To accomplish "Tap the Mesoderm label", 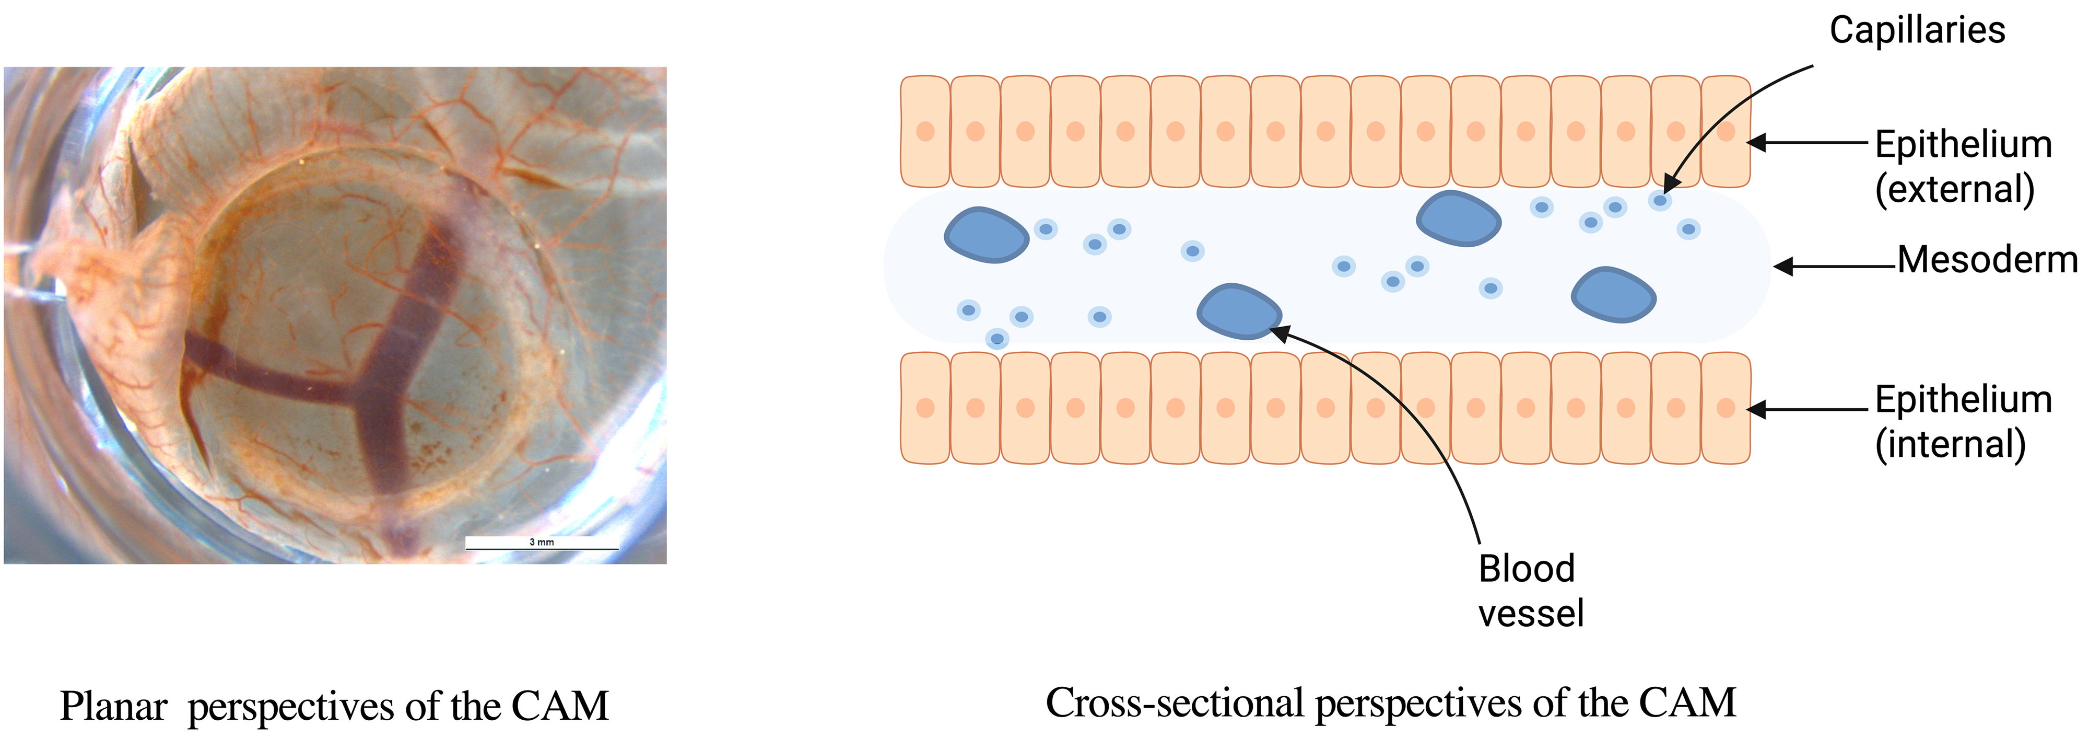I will point(1987,260).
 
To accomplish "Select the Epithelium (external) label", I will point(1963,166).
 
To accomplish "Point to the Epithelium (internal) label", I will point(1963,421).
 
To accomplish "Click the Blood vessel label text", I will point(1530,591).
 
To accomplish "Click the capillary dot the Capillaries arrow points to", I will point(1660,200).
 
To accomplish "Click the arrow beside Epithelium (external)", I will point(1809,143).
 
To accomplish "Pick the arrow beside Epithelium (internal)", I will point(1809,410).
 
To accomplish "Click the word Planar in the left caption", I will point(113,707).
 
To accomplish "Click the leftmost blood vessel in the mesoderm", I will point(985,235).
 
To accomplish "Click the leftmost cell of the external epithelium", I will point(925,132).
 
